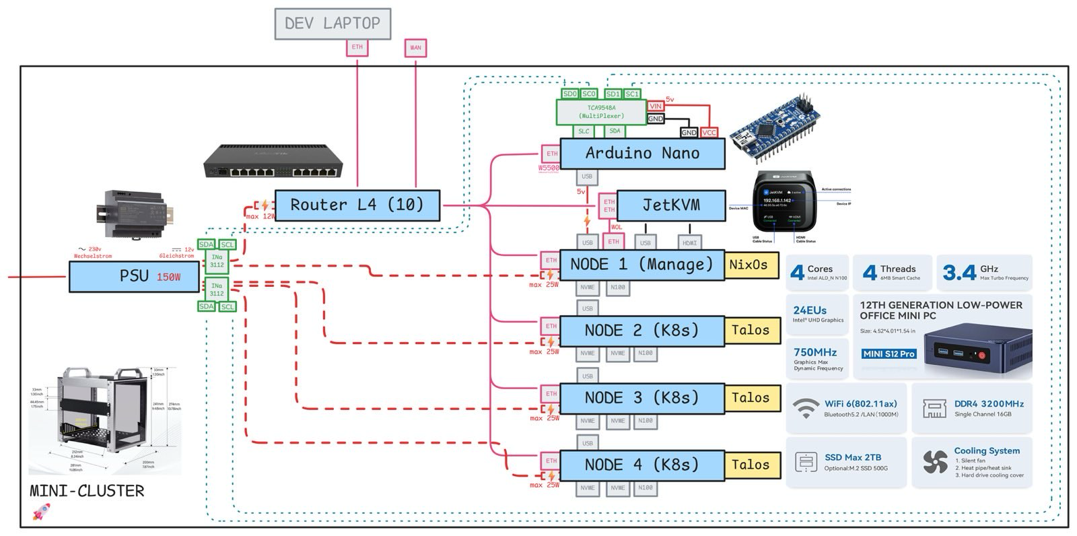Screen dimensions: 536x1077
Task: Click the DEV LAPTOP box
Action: [x=333, y=24]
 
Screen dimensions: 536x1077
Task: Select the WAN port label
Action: [x=415, y=48]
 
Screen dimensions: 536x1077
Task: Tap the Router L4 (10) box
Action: [x=357, y=205]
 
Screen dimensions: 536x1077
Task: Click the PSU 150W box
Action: [x=135, y=276]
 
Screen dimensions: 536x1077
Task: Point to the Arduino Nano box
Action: [x=641, y=154]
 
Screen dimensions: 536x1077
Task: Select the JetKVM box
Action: [x=670, y=205]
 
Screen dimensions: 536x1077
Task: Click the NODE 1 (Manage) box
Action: [x=641, y=265]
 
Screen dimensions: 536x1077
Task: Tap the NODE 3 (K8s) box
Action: [x=641, y=398]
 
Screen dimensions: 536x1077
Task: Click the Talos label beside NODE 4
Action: [x=751, y=465]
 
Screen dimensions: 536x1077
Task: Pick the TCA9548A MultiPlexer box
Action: [x=601, y=112]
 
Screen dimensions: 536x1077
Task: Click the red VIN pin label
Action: [x=656, y=106]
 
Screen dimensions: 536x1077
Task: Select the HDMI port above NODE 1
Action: [x=689, y=242]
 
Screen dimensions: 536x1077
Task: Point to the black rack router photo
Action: [x=273, y=162]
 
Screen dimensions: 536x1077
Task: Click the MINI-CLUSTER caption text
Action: [x=87, y=491]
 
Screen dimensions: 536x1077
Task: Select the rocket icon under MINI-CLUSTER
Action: [x=39, y=515]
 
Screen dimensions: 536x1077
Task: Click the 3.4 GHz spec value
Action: [x=960, y=272]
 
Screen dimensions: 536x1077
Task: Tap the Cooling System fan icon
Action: [x=935, y=461]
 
